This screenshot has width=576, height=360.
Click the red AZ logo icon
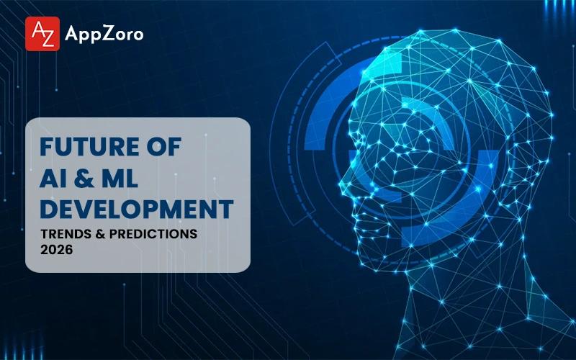coord(42,34)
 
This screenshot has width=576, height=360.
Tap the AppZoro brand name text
coord(104,35)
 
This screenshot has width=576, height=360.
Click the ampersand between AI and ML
coord(91,179)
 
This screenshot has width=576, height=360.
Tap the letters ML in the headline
coord(129,179)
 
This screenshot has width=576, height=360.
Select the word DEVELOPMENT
coord(136,210)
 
